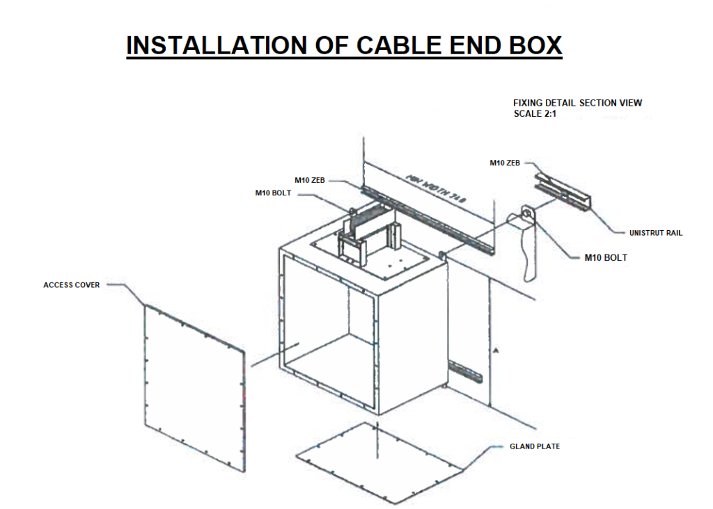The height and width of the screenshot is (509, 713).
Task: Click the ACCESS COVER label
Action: [72, 285]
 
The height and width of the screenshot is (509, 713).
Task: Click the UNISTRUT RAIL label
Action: [655, 233]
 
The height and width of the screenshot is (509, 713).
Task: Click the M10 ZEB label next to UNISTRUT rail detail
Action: [506, 163]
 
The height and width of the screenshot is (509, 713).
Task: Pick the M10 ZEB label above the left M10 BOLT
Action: [310, 180]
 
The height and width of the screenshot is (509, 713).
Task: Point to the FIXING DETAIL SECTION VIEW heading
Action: [577, 103]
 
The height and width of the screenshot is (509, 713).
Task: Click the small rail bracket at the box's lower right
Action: [465, 371]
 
